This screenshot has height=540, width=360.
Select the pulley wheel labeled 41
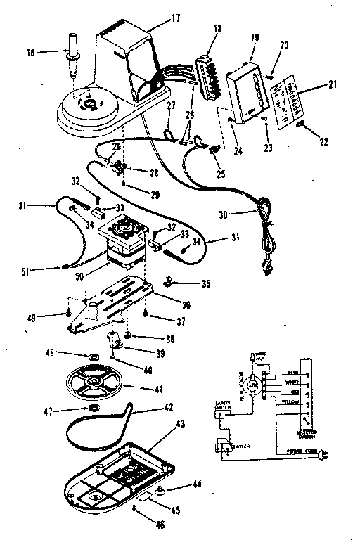(x=91, y=383)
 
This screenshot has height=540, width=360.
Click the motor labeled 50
(x=122, y=250)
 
